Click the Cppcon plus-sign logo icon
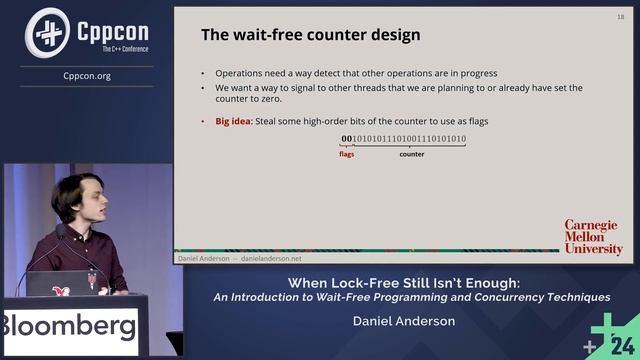point(46,32)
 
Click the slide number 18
point(620,16)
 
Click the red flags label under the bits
point(347,154)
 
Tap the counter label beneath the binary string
point(411,154)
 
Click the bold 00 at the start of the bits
point(347,139)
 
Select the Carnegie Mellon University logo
point(593,237)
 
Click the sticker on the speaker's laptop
point(62,289)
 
